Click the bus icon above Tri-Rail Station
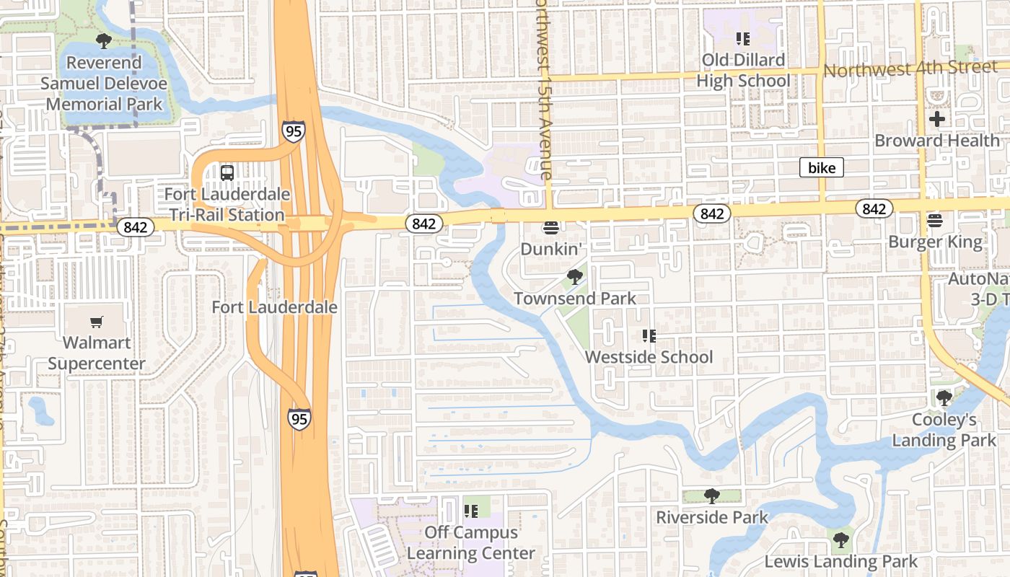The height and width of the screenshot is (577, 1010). coord(227,173)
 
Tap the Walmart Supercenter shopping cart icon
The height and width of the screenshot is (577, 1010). coord(97,322)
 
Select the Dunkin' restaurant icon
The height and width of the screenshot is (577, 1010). coord(552,228)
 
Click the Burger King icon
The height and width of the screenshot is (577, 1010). coord(935,220)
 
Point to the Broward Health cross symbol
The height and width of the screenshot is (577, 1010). coord(937,119)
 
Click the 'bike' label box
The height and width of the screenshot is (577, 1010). coord(822,168)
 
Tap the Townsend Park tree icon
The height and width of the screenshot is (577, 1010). coord(575,277)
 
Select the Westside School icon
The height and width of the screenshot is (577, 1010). coord(648,336)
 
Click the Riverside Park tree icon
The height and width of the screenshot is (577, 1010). coord(711,496)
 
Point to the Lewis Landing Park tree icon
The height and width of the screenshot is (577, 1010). coord(840,539)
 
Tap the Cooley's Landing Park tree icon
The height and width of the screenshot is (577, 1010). coord(944,397)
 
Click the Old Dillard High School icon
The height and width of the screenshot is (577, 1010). coord(742,38)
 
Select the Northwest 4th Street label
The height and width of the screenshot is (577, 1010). coord(910,69)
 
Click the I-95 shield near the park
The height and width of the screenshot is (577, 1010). coord(294,131)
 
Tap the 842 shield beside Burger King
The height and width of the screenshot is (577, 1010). coord(874,209)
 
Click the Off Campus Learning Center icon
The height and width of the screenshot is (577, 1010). coord(471,511)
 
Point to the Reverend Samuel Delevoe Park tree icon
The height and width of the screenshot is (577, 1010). coord(104,40)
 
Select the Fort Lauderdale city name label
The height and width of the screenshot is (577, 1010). coord(274,307)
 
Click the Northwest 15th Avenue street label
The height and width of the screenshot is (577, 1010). coord(543,90)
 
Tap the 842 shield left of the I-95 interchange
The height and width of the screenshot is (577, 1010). coord(135,227)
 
